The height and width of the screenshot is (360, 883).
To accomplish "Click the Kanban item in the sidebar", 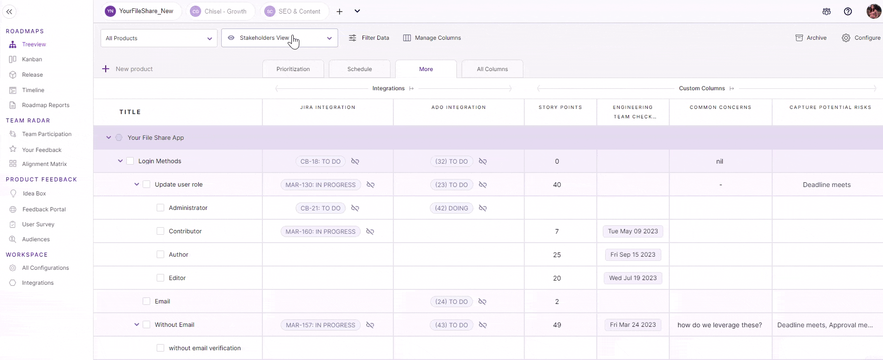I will [32, 59].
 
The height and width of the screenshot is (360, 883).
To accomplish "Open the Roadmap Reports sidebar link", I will [45, 105].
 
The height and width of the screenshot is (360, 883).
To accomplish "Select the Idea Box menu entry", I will [34, 194].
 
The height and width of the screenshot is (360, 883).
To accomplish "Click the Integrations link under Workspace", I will [37, 283].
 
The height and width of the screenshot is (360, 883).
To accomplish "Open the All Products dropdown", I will [159, 38].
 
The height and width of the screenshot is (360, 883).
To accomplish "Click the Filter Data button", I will [369, 38].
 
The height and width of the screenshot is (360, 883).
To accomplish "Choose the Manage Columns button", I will [432, 38].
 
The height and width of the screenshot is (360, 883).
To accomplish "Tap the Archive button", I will [811, 38].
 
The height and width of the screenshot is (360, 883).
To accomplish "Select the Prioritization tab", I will [293, 69].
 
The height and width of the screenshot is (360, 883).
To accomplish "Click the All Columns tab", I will [492, 69].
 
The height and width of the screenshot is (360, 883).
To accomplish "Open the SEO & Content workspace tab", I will [294, 11].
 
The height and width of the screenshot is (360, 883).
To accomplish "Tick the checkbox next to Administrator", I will [160, 208].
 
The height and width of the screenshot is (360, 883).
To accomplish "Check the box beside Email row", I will [146, 301].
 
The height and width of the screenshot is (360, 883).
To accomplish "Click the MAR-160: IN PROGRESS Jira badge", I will [320, 231].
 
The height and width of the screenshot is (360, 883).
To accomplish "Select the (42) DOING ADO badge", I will [451, 208].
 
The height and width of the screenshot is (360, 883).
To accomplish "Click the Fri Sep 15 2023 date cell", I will [633, 255].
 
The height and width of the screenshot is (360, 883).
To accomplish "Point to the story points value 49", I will [557, 325].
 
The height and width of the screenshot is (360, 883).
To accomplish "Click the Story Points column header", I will [560, 108].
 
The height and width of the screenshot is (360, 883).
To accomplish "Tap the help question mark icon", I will [847, 12].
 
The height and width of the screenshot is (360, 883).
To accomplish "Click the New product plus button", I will [106, 69].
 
